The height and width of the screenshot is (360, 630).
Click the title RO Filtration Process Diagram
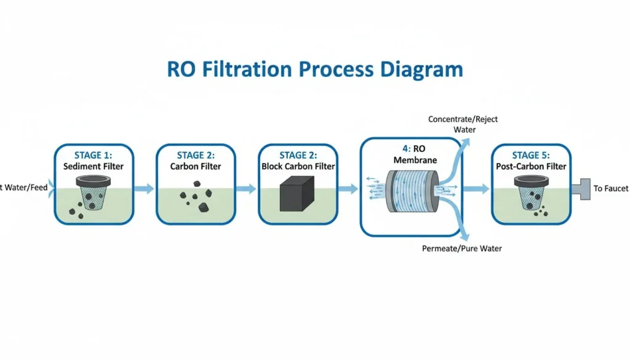[x=315, y=69]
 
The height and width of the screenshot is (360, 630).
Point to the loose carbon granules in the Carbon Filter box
[x=196, y=192]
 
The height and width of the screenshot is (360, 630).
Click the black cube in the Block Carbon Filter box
[x=297, y=194]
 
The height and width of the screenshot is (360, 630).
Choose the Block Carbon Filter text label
[x=298, y=166]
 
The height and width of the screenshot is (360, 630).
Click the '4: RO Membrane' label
[x=409, y=154]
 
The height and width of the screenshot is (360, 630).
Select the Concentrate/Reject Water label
[x=464, y=124]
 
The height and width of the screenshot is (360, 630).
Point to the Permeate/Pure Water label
[x=461, y=249]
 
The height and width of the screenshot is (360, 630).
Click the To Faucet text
[x=610, y=188]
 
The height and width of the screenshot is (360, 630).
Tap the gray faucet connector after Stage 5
[x=581, y=188]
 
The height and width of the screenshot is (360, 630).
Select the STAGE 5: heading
[x=532, y=155]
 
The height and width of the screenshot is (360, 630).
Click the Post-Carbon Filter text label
[x=532, y=166]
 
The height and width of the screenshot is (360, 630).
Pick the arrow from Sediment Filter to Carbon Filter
[x=145, y=189]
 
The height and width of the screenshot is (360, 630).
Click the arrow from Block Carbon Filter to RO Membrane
[x=348, y=189]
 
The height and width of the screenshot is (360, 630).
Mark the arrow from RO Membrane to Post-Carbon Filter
[x=476, y=189]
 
